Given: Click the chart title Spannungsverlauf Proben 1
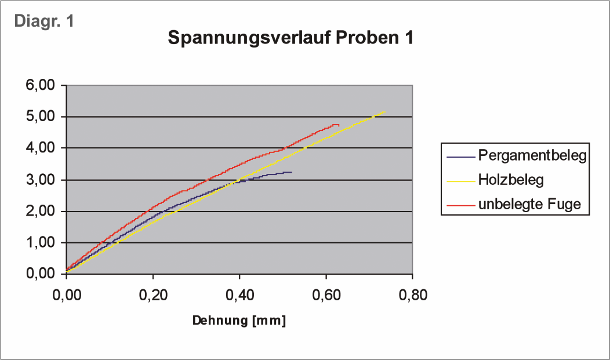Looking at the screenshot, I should point(291,39).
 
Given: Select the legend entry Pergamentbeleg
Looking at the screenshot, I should point(532,155).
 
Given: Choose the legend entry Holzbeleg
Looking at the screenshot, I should point(511,180).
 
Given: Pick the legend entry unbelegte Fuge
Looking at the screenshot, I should point(529,205).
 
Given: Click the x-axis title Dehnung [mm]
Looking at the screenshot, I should point(239,321).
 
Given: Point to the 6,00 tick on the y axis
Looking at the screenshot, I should point(41,86).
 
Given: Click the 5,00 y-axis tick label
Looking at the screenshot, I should point(41,117).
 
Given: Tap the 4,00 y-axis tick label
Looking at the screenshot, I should point(41,148).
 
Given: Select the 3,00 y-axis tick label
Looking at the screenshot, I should point(41,180).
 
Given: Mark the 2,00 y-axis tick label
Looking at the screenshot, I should point(41,212).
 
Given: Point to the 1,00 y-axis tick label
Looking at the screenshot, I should point(41,243).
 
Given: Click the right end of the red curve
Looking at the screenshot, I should point(339,125).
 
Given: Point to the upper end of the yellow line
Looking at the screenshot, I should point(384,111).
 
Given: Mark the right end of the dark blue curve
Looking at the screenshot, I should point(291,172).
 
